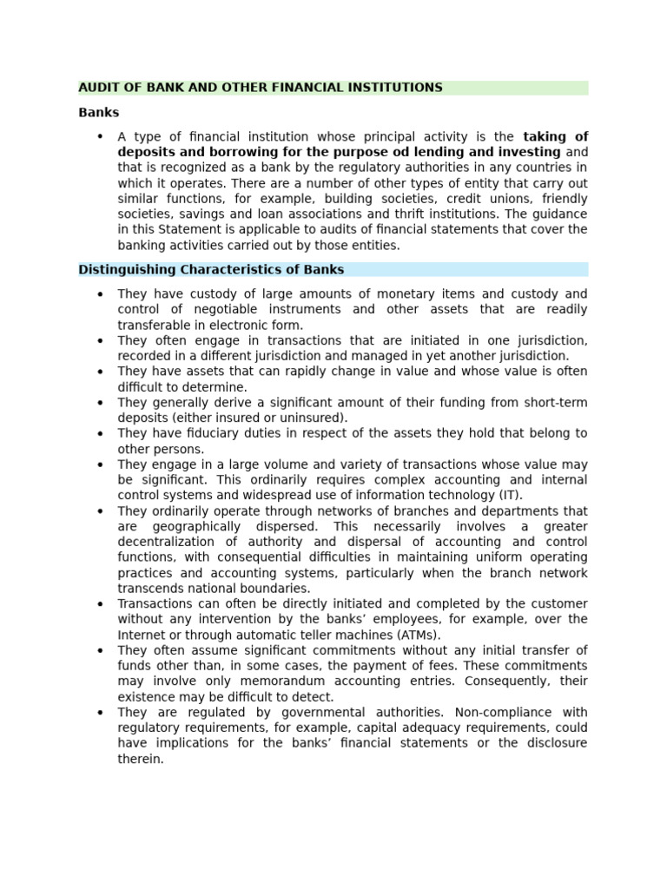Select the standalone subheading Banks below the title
98,113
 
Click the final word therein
140,760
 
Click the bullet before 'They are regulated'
100,713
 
